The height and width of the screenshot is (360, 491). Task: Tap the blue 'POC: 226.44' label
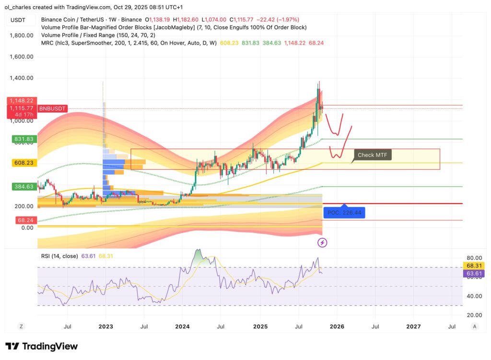click(344, 212)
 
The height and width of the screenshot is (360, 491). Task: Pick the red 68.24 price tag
click(22, 220)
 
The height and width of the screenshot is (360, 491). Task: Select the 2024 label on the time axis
click(182, 326)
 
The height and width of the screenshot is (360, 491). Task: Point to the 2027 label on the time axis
click(413, 326)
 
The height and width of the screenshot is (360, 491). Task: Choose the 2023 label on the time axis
click(105, 326)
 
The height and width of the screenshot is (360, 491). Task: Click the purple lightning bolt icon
click(323, 243)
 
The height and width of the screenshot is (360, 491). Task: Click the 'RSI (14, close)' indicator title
click(59, 256)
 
